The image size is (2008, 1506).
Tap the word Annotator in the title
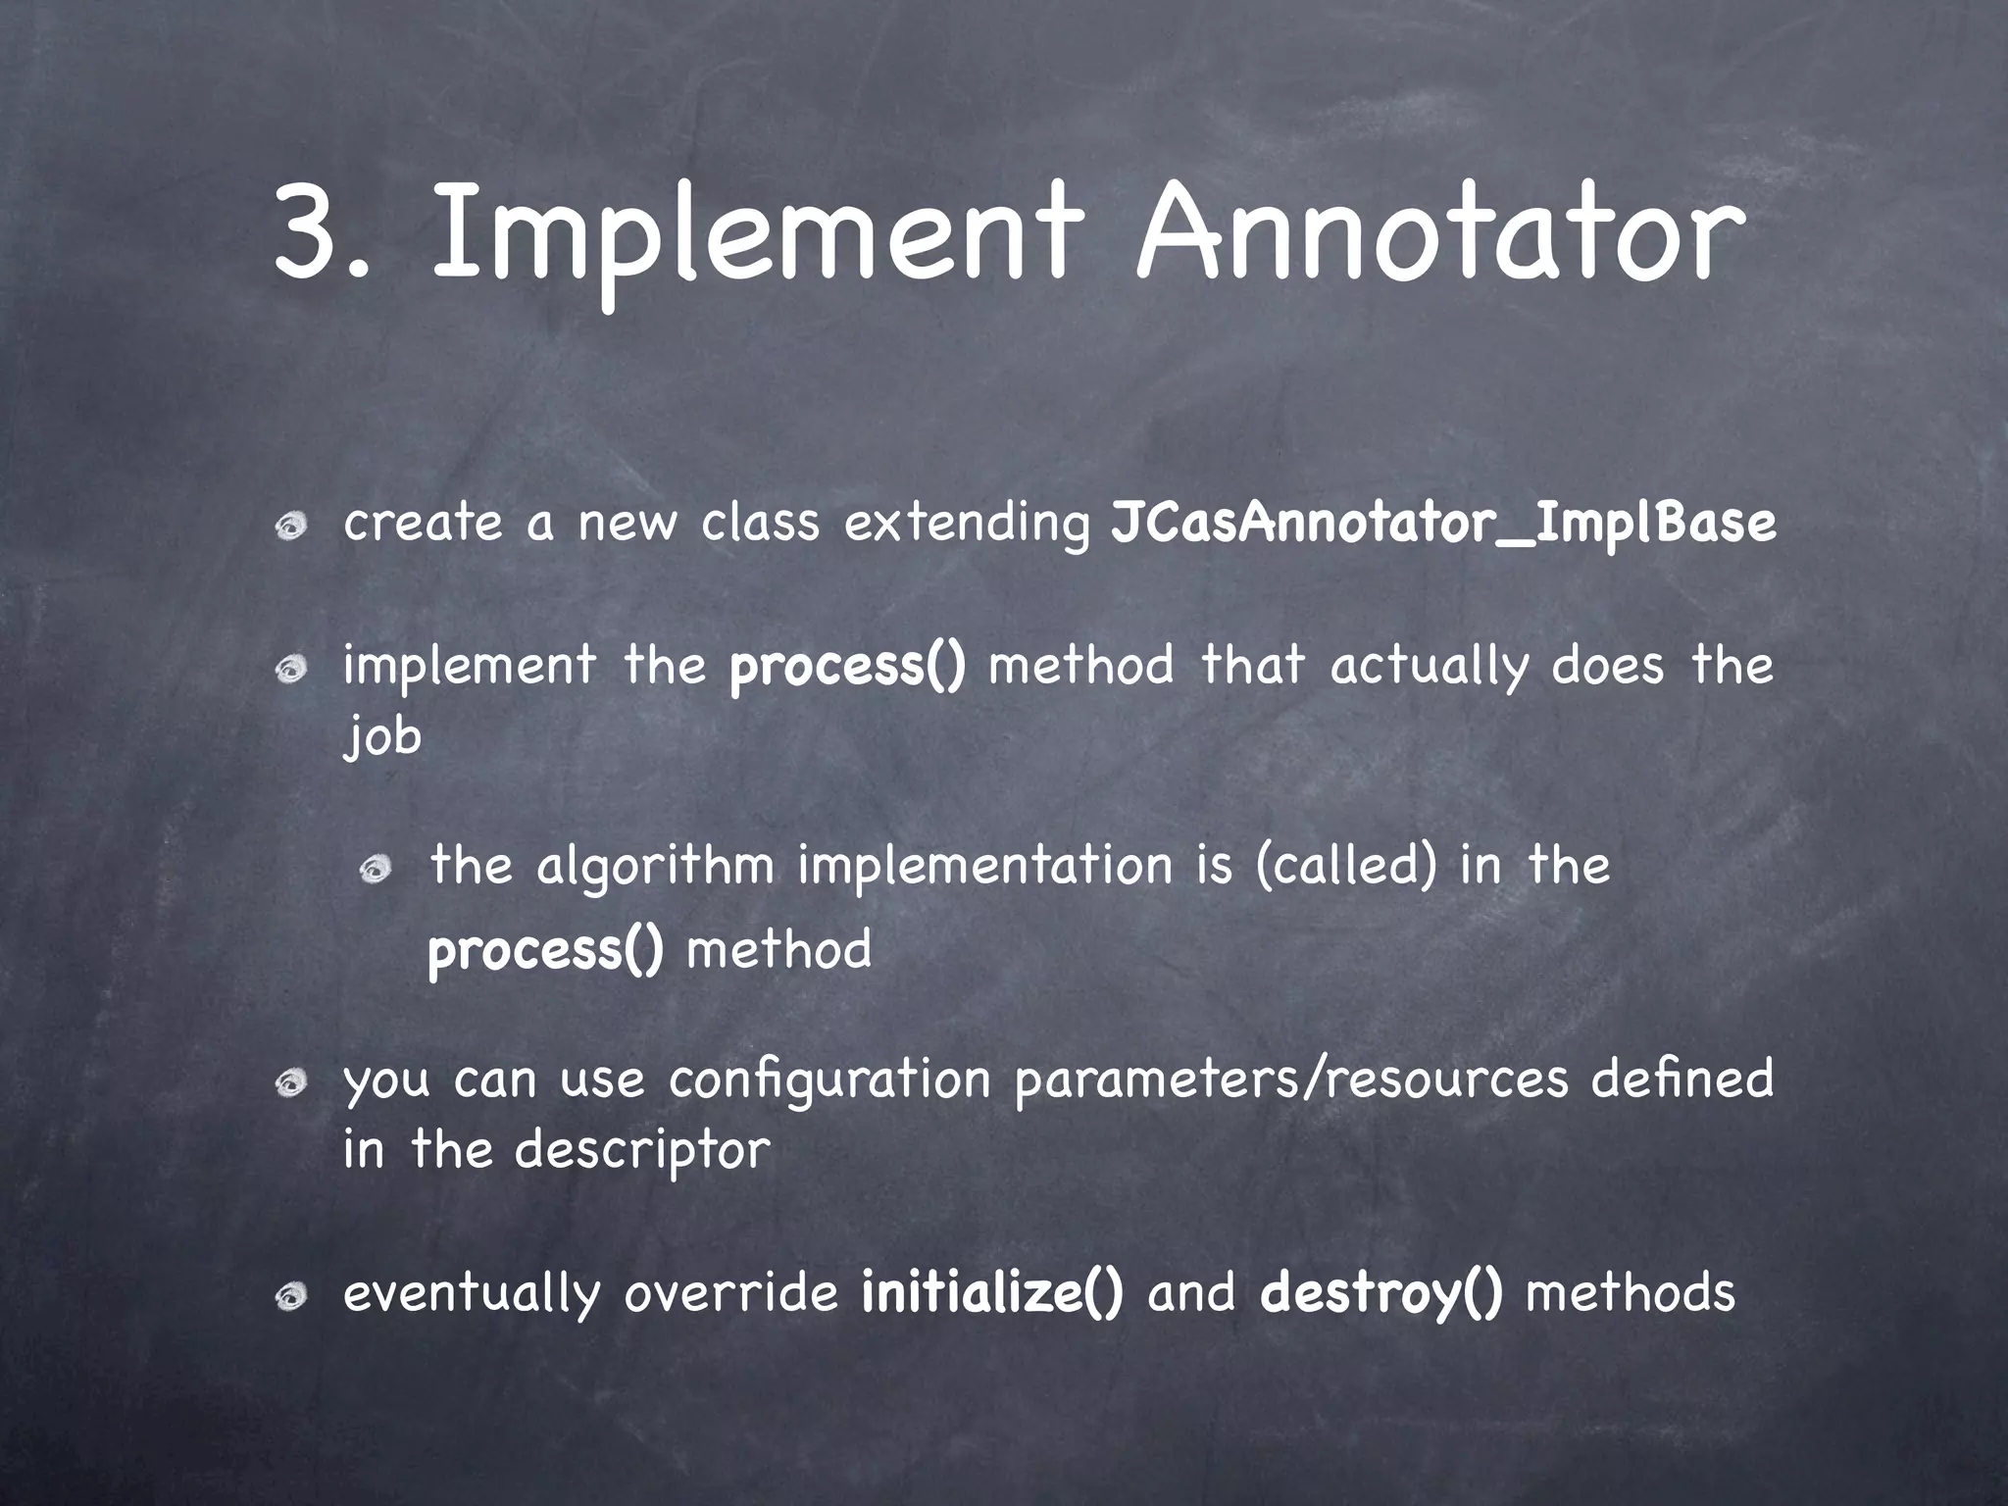pos(1439,235)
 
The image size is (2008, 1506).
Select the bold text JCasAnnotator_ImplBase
pos(1442,524)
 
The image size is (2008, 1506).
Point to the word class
pos(760,523)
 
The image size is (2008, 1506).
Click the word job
pos(382,736)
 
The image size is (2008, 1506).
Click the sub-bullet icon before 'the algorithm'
pos(375,868)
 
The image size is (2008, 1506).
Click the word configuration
pos(829,1080)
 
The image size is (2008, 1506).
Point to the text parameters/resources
pos(1291,1080)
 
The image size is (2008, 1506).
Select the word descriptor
pos(642,1150)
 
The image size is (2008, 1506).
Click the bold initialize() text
pos(992,1293)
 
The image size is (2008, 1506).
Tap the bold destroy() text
pos(1380,1293)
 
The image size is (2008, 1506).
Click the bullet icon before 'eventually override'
pos(291,1298)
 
